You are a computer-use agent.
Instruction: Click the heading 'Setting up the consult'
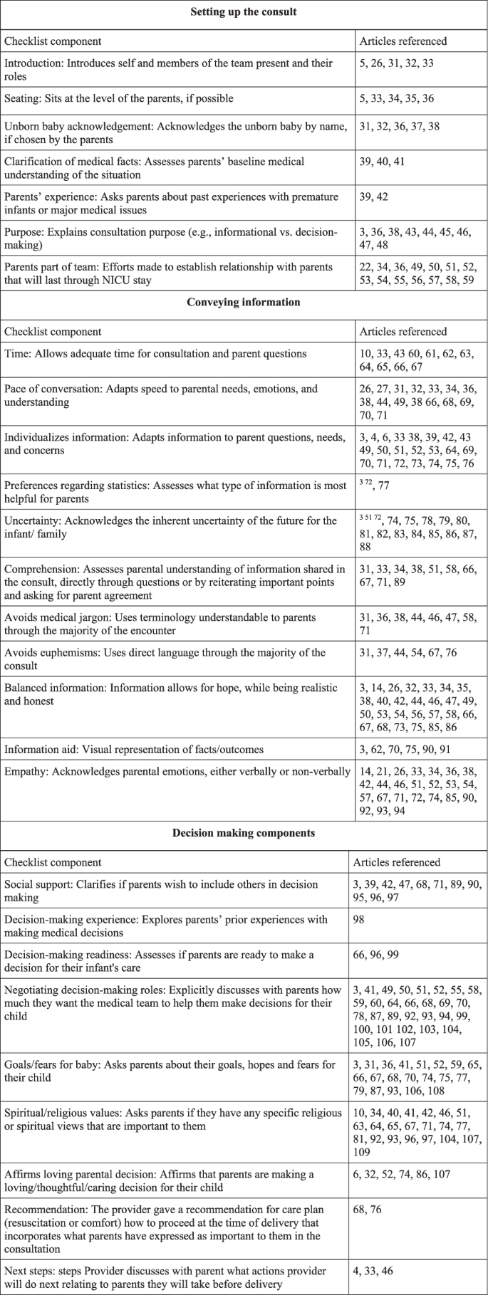click(x=244, y=12)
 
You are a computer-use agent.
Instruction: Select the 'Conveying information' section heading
click(x=244, y=303)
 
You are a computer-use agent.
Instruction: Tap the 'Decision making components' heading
click(x=244, y=833)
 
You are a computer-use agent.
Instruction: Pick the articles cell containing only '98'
click(x=359, y=919)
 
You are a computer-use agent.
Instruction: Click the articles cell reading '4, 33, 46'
click(x=373, y=1271)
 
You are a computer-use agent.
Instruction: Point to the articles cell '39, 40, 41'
click(x=382, y=162)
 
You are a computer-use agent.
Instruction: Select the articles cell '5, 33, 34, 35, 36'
click(x=397, y=98)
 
